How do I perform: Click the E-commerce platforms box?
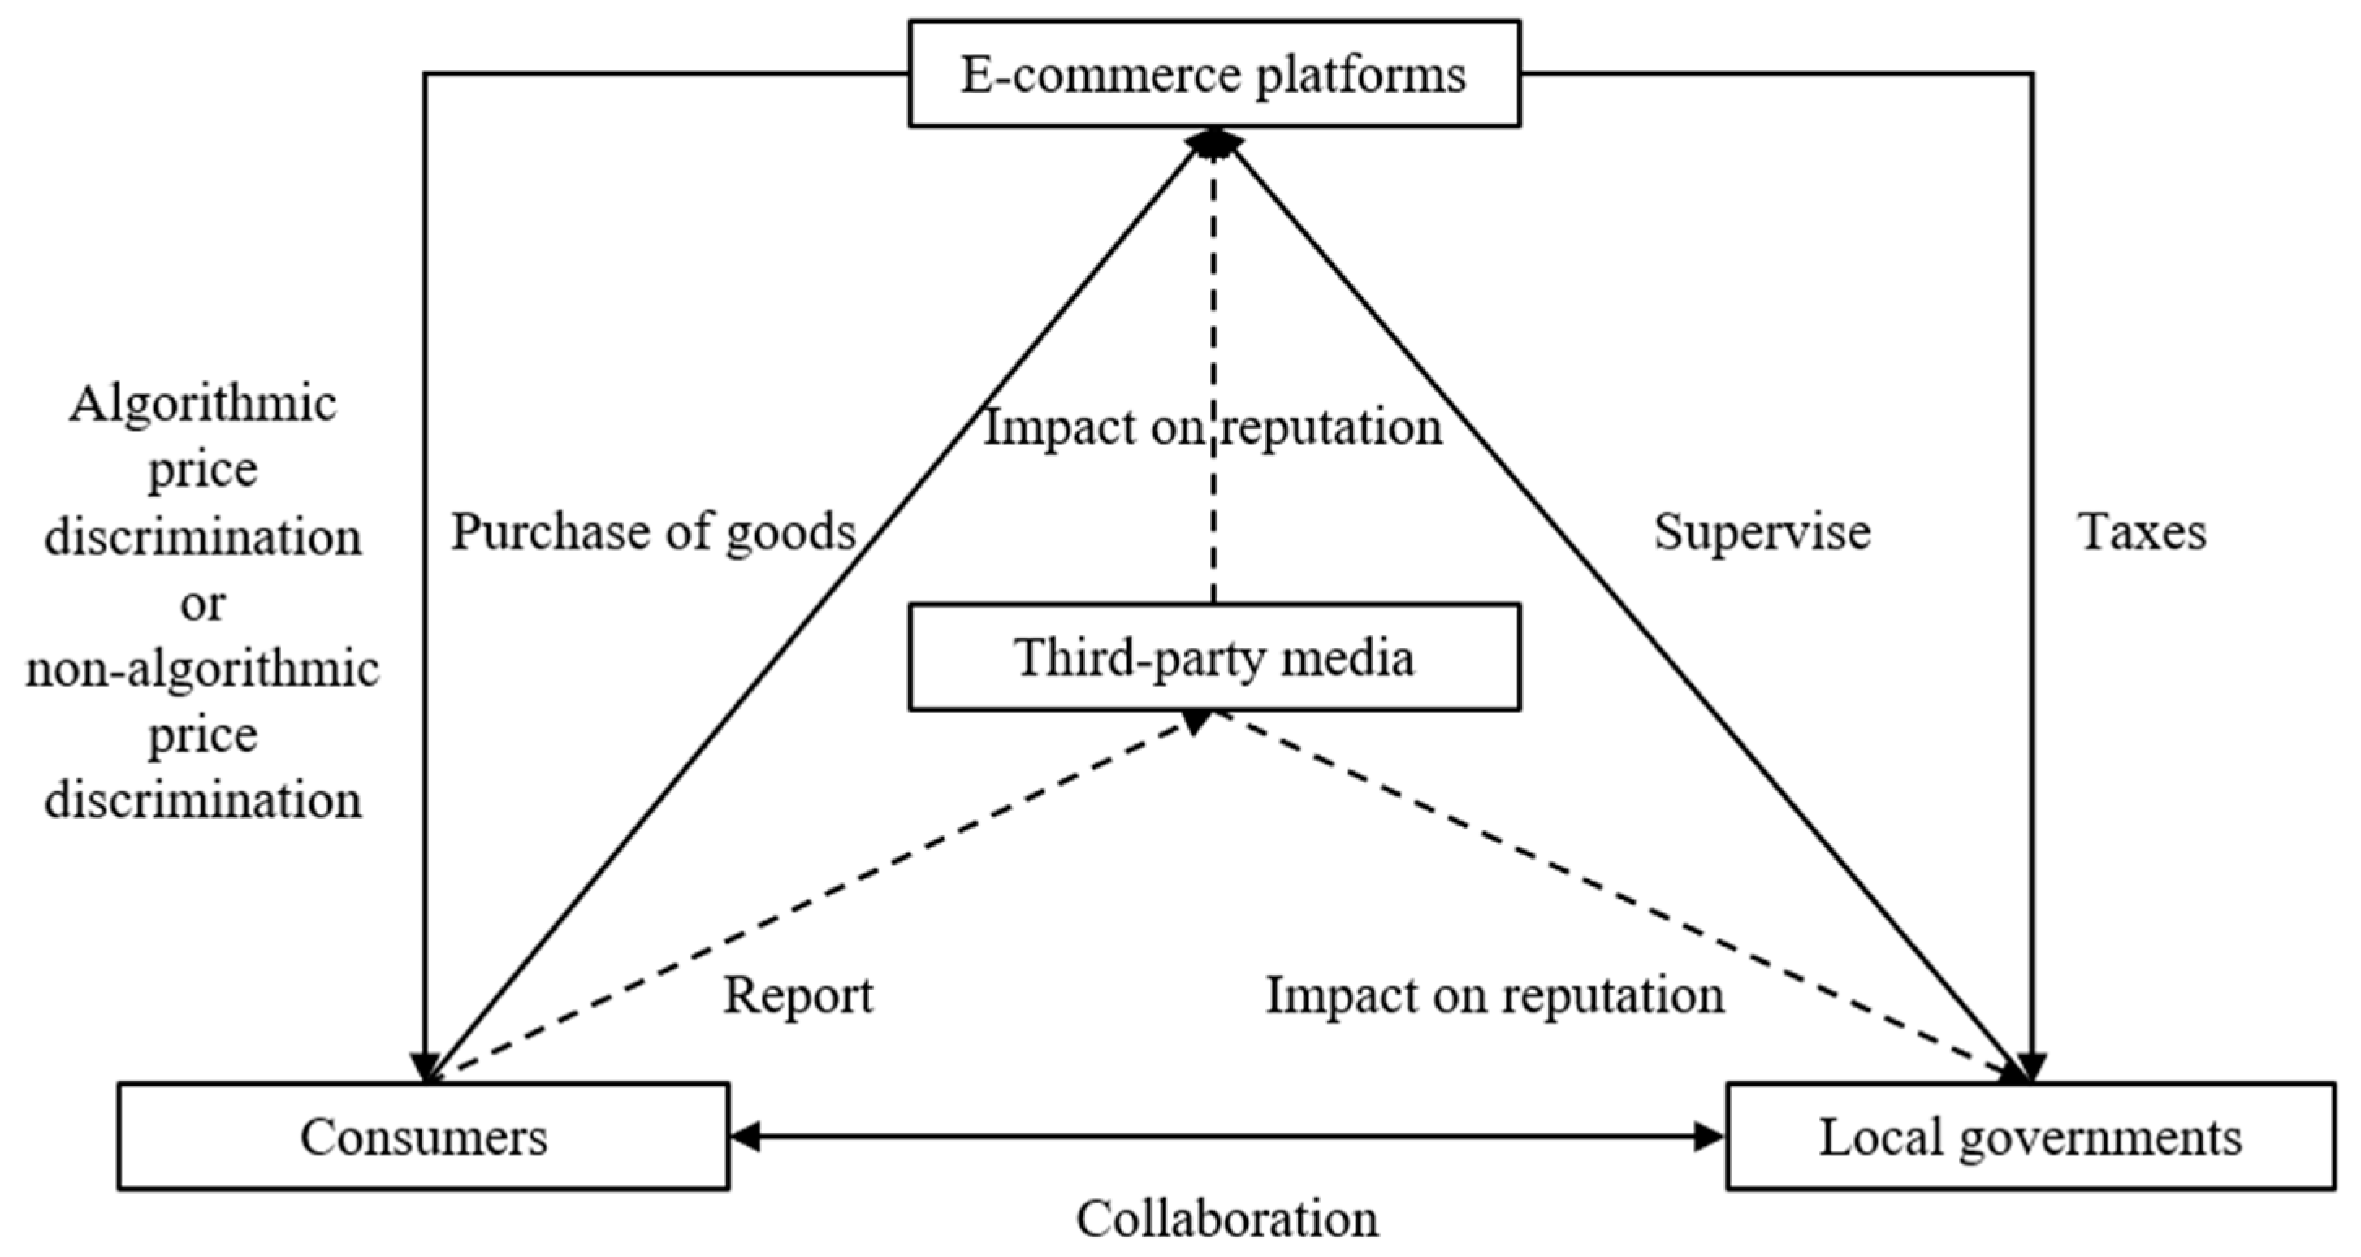coord(1213,73)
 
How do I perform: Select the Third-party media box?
coord(1213,657)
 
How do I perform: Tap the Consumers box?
coord(422,1137)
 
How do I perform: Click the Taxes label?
coord(2142,531)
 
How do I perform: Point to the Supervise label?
coord(1762,531)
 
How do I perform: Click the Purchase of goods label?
coord(652,531)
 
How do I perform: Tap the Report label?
coord(798,995)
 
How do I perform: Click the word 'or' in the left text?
coord(202,603)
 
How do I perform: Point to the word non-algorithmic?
coord(202,670)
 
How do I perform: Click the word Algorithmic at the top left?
coord(202,403)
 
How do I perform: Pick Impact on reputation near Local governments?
coord(1494,995)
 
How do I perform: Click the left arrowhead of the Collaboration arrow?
coord(744,1137)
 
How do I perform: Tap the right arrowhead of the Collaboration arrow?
coord(1710,1137)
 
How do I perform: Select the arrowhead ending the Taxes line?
coord(2032,1069)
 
